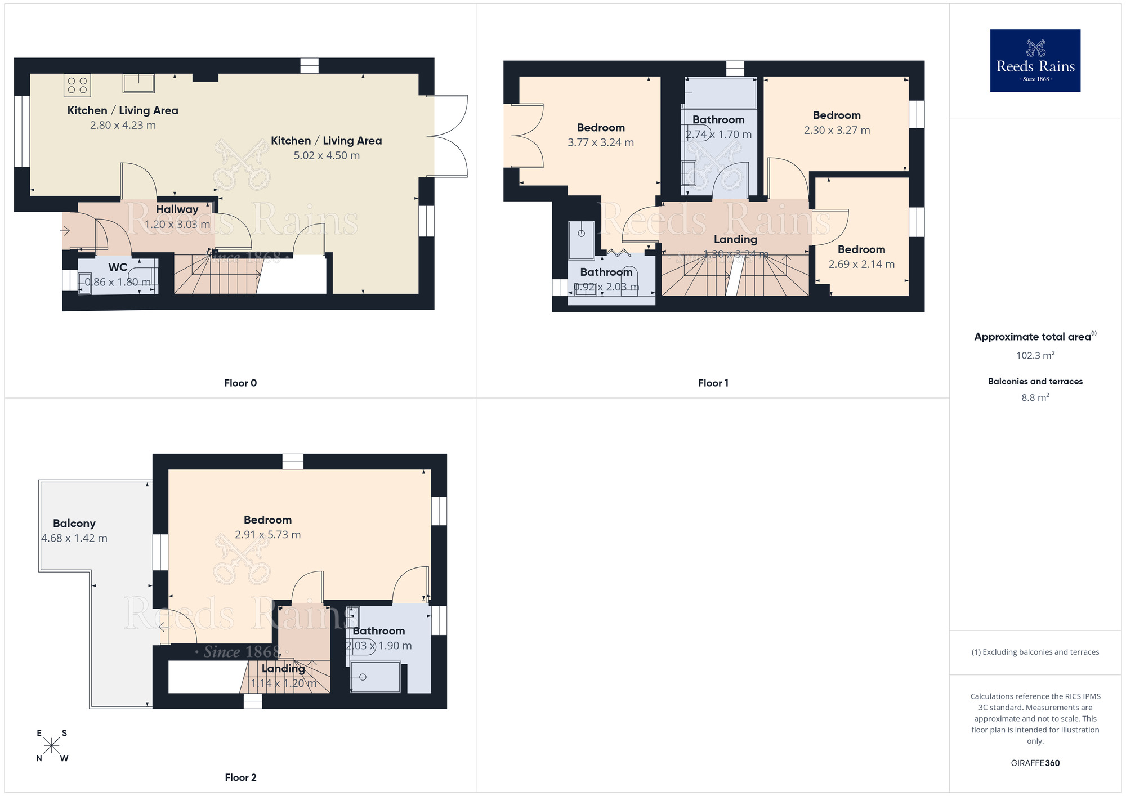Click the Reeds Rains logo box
pos(1035,61)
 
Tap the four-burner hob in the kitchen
pos(77,86)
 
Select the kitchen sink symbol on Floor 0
pos(138,83)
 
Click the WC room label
pos(118,267)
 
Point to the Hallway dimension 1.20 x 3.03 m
pos(177,224)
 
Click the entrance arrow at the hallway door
pos(65,231)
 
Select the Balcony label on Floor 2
pos(74,524)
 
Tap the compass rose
pos(51,746)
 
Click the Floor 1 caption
pos(713,383)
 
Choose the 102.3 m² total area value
pos(1035,355)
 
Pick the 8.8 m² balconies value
pos(1035,397)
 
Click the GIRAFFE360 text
pos(1035,763)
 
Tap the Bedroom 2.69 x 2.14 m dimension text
pos(861,264)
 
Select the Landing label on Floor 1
pos(735,239)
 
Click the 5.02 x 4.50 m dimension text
pos(327,155)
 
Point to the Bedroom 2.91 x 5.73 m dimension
pos(267,535)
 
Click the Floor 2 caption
pos(240,777)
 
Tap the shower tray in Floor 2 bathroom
pos(375,677)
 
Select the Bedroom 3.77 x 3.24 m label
pos(601,128)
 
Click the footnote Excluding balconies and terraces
pos(1035,652)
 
